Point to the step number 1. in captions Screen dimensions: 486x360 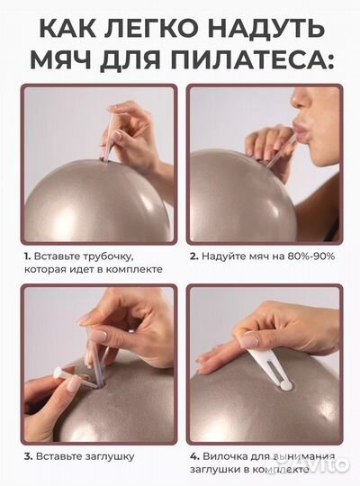[x=27, y=256]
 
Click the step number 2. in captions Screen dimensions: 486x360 [x=193, y=256]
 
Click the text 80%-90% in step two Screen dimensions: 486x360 [x=301, y=256]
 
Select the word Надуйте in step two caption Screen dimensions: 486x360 [x=224, y=256]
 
